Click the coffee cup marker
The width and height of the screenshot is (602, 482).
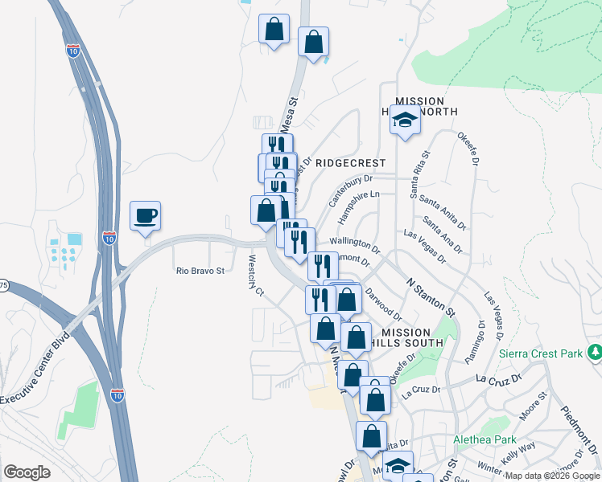click(145, 216)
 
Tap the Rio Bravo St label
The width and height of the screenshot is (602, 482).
click(200, 272)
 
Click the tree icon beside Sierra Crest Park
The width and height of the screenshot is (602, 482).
click(595, 351)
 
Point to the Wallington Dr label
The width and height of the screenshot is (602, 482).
click(354, 242)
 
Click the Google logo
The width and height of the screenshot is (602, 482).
click(27, 472)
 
